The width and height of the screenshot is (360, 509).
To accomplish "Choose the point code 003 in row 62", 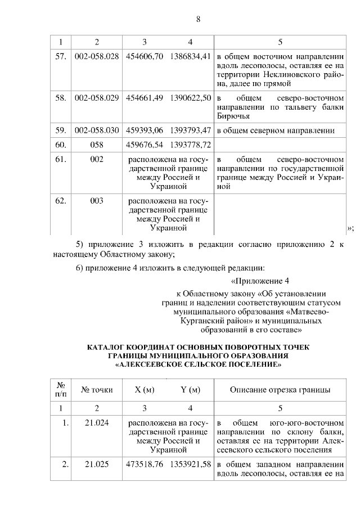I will click(x=97, y=201).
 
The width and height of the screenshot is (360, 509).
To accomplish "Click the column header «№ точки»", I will click(x=97, y=390).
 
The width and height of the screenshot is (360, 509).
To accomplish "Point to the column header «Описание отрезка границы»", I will click(x=280, y=390).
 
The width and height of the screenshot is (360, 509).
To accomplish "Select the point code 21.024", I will click(x=97, y=422).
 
